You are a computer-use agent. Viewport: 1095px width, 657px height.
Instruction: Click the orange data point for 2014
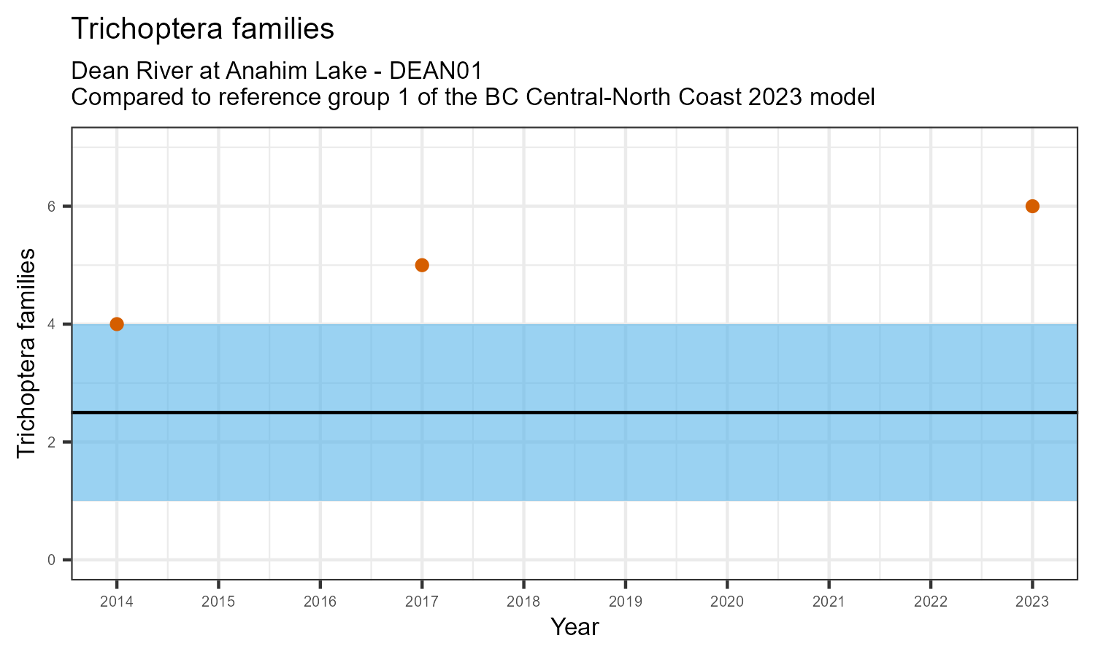click(117, 324)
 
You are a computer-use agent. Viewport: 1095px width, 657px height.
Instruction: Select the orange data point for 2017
click(422, 265)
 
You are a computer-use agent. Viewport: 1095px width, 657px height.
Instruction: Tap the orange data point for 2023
click(1032, 206)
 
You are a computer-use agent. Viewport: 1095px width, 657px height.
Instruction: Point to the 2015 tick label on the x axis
click(218, 602)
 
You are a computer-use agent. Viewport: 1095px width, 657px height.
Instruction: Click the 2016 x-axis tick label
click(320, 602)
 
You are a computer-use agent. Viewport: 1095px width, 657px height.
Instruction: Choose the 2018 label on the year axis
click(523, 602)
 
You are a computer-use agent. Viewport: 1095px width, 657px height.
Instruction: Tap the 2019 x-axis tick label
click(625, 602)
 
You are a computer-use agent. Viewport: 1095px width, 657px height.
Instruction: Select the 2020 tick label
click(727, 602)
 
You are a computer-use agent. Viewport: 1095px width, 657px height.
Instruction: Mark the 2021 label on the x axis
click(829, 602)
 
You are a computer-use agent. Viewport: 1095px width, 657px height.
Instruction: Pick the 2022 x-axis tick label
click(931, 602)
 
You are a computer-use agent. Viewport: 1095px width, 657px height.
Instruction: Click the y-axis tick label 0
click(51, 560)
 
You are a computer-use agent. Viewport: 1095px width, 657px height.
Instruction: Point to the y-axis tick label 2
click(51, 442)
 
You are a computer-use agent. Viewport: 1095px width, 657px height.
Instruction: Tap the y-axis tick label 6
click(51, 207)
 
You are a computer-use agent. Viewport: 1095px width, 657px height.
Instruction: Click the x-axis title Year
click(575, 627)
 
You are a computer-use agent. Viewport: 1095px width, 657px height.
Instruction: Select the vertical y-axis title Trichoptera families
click(26, 353)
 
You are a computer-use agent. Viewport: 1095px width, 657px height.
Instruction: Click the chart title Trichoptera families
click(203, 29)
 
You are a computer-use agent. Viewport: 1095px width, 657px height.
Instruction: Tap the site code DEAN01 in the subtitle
click(437, 72)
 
